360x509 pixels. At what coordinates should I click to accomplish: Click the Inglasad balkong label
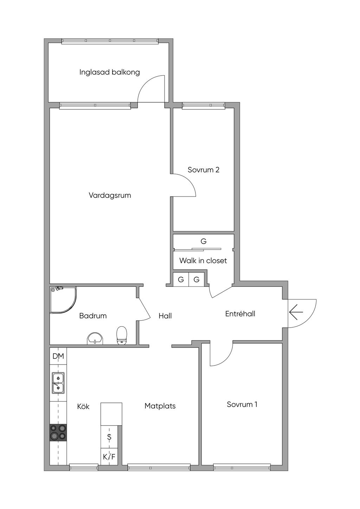pos(110,72)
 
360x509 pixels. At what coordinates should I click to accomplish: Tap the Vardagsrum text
pos(110,195)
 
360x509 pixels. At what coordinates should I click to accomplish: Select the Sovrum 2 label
pos(204,170)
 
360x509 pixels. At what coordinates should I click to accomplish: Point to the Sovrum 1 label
pos(242,405)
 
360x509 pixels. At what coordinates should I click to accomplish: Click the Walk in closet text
pos(203,260)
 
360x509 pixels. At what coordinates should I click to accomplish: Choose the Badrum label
pos(93,316)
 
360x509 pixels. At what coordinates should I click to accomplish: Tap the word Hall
pos(165,316)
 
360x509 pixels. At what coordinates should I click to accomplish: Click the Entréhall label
pos(240,314)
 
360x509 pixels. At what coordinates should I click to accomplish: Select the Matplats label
pos(160,406)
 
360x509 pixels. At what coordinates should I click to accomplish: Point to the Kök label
pos(83,406)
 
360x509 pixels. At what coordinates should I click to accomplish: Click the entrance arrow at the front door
pos(296,312)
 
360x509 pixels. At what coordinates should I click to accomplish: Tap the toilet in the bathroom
pos(122,335)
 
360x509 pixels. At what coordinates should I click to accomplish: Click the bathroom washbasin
pos(95,339)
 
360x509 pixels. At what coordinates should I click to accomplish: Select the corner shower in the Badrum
pos(63,300)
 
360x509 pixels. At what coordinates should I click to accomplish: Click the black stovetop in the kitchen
pos(58,432)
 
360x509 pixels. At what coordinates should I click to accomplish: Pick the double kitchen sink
pos(58,383)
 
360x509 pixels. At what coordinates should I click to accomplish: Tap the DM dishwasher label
pos(58,356)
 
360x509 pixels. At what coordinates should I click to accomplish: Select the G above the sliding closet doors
pos(204,241)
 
